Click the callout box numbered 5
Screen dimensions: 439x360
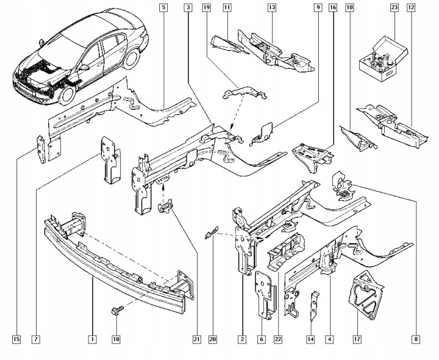tap(163, 7)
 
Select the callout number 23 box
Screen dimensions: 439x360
tap(394, 7)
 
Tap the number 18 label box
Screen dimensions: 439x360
tap(116, 339)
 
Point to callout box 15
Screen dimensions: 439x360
tap(16, 339)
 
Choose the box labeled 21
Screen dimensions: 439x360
tap(197, 339)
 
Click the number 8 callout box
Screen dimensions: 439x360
tap(416, 339)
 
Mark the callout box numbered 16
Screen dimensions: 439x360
tap(333, 7)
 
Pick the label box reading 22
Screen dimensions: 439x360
tap(278, 339)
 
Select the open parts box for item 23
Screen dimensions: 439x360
tap(383, 59)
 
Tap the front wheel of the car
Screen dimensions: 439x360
tap(66, 94)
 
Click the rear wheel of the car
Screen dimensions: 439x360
tap(131, 59)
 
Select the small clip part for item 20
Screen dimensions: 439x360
tap(211, 232)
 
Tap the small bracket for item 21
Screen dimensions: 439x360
tap(165, 207)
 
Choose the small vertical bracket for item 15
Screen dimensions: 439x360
tap(41, 149)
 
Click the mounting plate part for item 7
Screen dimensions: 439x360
tap(110, 160)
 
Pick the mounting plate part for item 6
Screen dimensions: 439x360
tap(265, 295)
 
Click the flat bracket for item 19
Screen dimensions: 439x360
tap(244, 93)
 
